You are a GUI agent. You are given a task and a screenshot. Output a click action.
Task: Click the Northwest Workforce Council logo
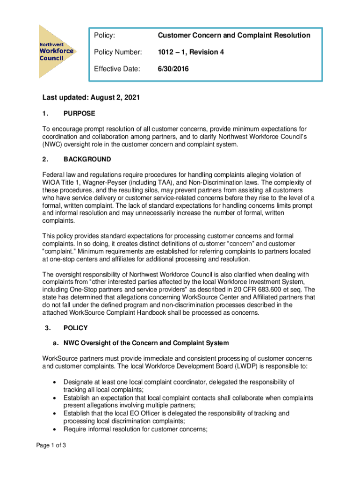pos(57,51)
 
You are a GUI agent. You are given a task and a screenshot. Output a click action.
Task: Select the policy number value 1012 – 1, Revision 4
pos(191,52)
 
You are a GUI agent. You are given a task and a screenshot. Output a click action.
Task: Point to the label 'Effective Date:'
pos(117,69)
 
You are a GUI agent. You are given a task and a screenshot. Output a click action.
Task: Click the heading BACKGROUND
pos(87,159)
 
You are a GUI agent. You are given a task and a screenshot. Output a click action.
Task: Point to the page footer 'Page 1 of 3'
pos(51,445)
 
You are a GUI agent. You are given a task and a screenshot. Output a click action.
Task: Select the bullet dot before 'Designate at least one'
pos(56,382)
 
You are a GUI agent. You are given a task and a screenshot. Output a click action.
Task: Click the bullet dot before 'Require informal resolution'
pos(56,429)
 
